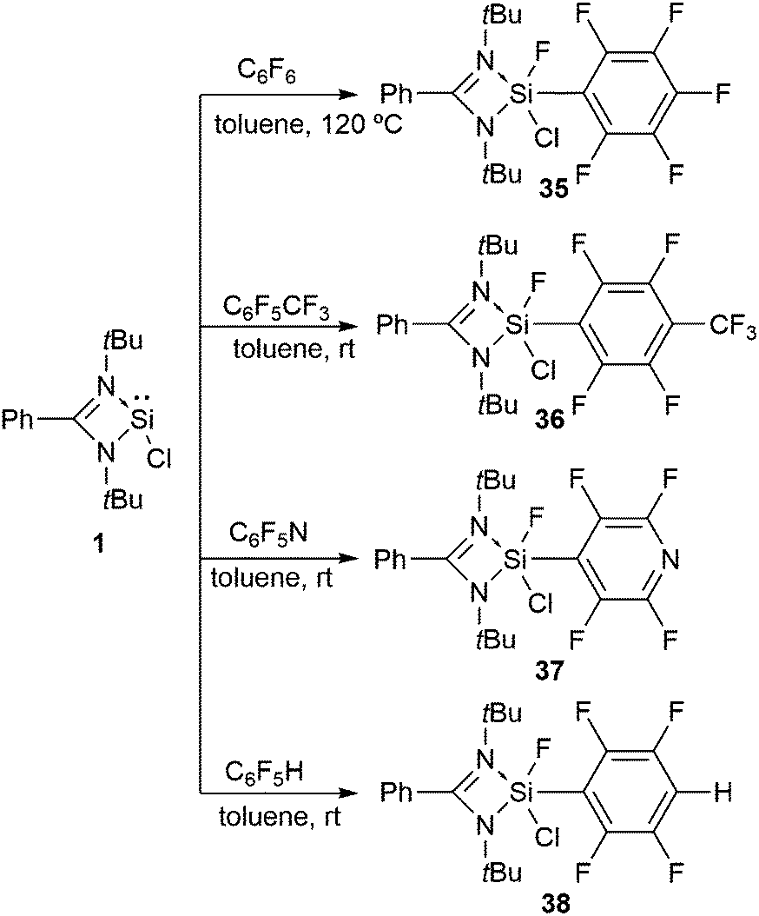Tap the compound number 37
[552, 671]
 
